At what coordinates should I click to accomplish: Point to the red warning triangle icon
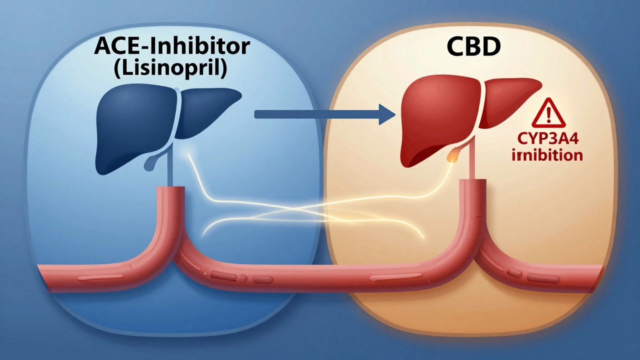(548, 114)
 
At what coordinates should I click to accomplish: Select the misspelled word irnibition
(548, 155)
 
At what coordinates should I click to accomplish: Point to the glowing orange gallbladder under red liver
(453, 155)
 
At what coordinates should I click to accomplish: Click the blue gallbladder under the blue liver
(150, 161)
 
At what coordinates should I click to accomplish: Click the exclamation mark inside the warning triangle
(548, 116)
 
